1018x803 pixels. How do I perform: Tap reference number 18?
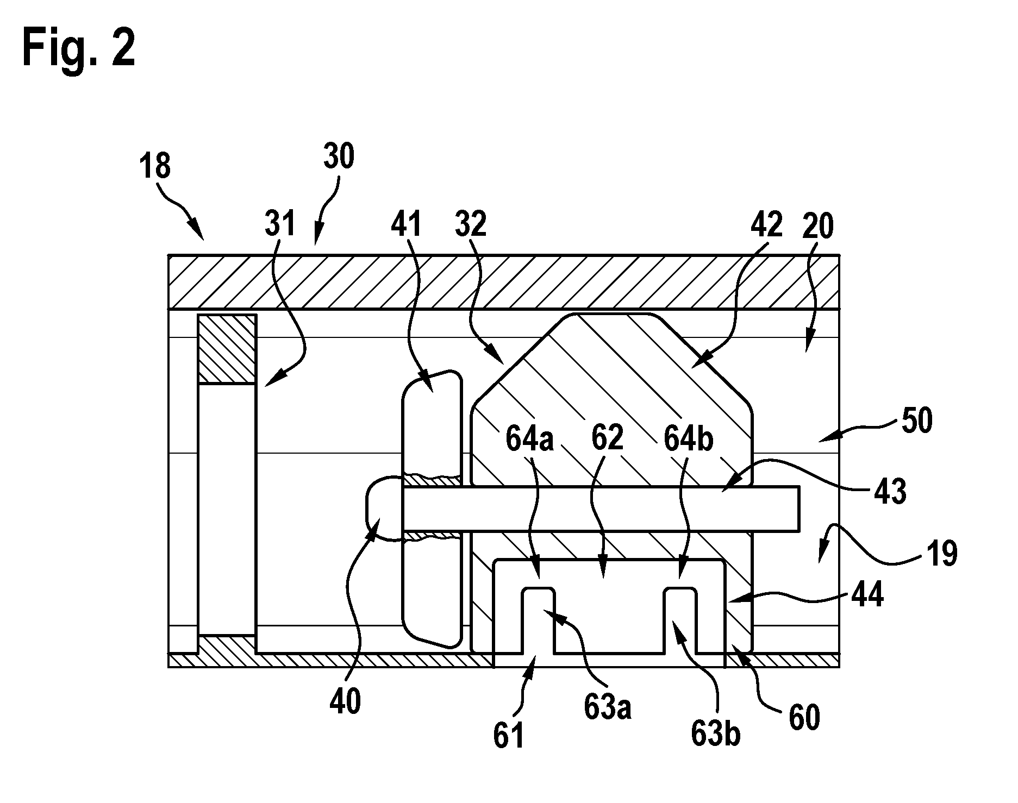coord(155,166)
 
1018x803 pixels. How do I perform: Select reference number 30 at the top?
coord(340,156)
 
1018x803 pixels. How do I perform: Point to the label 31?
coord(280,223)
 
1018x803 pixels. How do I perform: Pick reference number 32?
coord(471,223)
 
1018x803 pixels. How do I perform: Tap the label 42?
coord(766,223)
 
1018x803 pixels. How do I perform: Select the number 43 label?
coord(891,491)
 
